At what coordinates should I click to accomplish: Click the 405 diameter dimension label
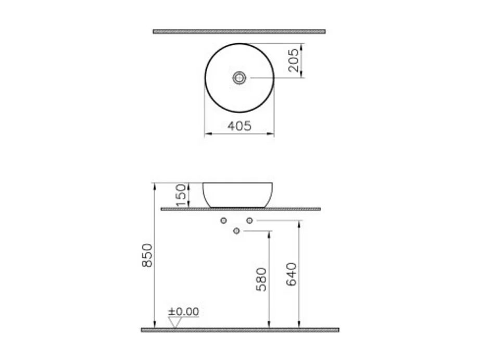point(239,126)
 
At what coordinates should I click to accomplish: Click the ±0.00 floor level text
point(183,312)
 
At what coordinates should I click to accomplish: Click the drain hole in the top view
point(239,78)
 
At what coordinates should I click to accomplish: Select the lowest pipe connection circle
point(237,231)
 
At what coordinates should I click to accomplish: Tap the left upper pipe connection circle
point(224,221)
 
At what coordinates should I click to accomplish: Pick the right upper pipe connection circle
point(249,221)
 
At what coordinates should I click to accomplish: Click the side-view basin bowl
point(237,195)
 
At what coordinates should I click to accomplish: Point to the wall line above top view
point(239,31)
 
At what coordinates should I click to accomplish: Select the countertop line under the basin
point(241,209)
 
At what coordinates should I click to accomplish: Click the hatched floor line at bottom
point(240,330)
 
